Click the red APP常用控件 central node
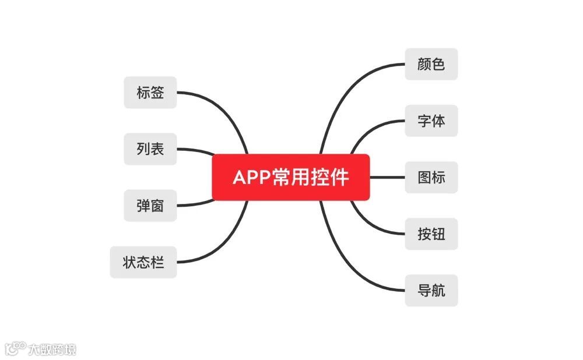tap(291, 177)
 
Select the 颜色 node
tap(431, 64)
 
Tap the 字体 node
tap(431, 121)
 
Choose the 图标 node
tap(431, 177)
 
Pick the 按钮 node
tap(431, 234)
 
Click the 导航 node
tap(431, 290)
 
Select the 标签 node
tap(150, 93)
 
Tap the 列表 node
tap(150, 149)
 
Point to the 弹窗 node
tap(150, 206)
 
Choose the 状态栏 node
tap(143, 262)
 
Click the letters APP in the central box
tap(252, 177)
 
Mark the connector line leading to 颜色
tap(350, 87)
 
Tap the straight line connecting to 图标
tap(388, 177)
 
